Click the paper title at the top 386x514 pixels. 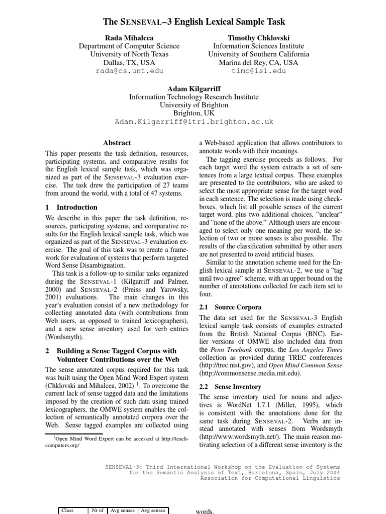(x=194, y=22)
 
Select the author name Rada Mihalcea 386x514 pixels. (x=129, y=38)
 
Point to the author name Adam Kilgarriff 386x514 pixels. (x=194, y=88)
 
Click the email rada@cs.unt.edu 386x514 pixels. (x=129, y=71)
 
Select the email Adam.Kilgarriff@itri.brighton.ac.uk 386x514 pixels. (x=194, y=122)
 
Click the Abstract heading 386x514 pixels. (x=117, y=143)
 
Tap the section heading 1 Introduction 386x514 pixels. (x=71, y=207)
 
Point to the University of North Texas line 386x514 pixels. (x=129, y=54)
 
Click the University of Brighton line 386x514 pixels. (x=194, y=105)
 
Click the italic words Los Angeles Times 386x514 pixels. (x=314, y=349)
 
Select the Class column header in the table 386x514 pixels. (x=67, y=510)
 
